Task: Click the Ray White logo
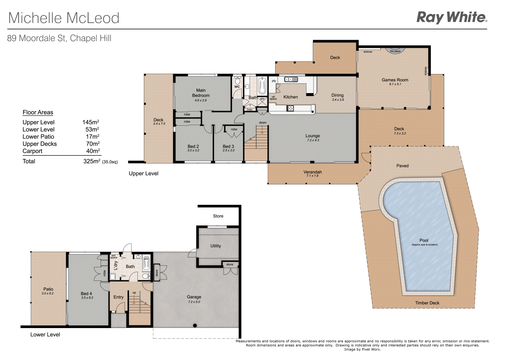click(x=452, y=17)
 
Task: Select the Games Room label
click(x=395, y=80)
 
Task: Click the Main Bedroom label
click(x=201, y=93)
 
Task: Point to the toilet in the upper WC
click(x=238, y=81)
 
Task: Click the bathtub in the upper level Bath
click(x=262, y=86)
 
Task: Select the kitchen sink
click(x=291, y=79)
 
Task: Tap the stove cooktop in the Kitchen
click(x=290, y=108)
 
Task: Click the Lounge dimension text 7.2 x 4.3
click(x=313, y=140)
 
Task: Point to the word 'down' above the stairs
click(x=263, y=123)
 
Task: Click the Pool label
click(x=424, y=240)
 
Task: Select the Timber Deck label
click(x=427, y=303)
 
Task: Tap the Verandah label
click(x=313, y=172)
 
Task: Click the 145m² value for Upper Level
click(x=91, y=122)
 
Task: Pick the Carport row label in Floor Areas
click(x=33, y=151)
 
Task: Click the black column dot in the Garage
click(x=195, y=325)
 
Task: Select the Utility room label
click(x=215, y=246)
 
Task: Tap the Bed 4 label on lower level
click(x=86, y=293)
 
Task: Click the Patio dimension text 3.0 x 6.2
click(x=48, y=293)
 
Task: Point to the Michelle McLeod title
click(x=64, y=18)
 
